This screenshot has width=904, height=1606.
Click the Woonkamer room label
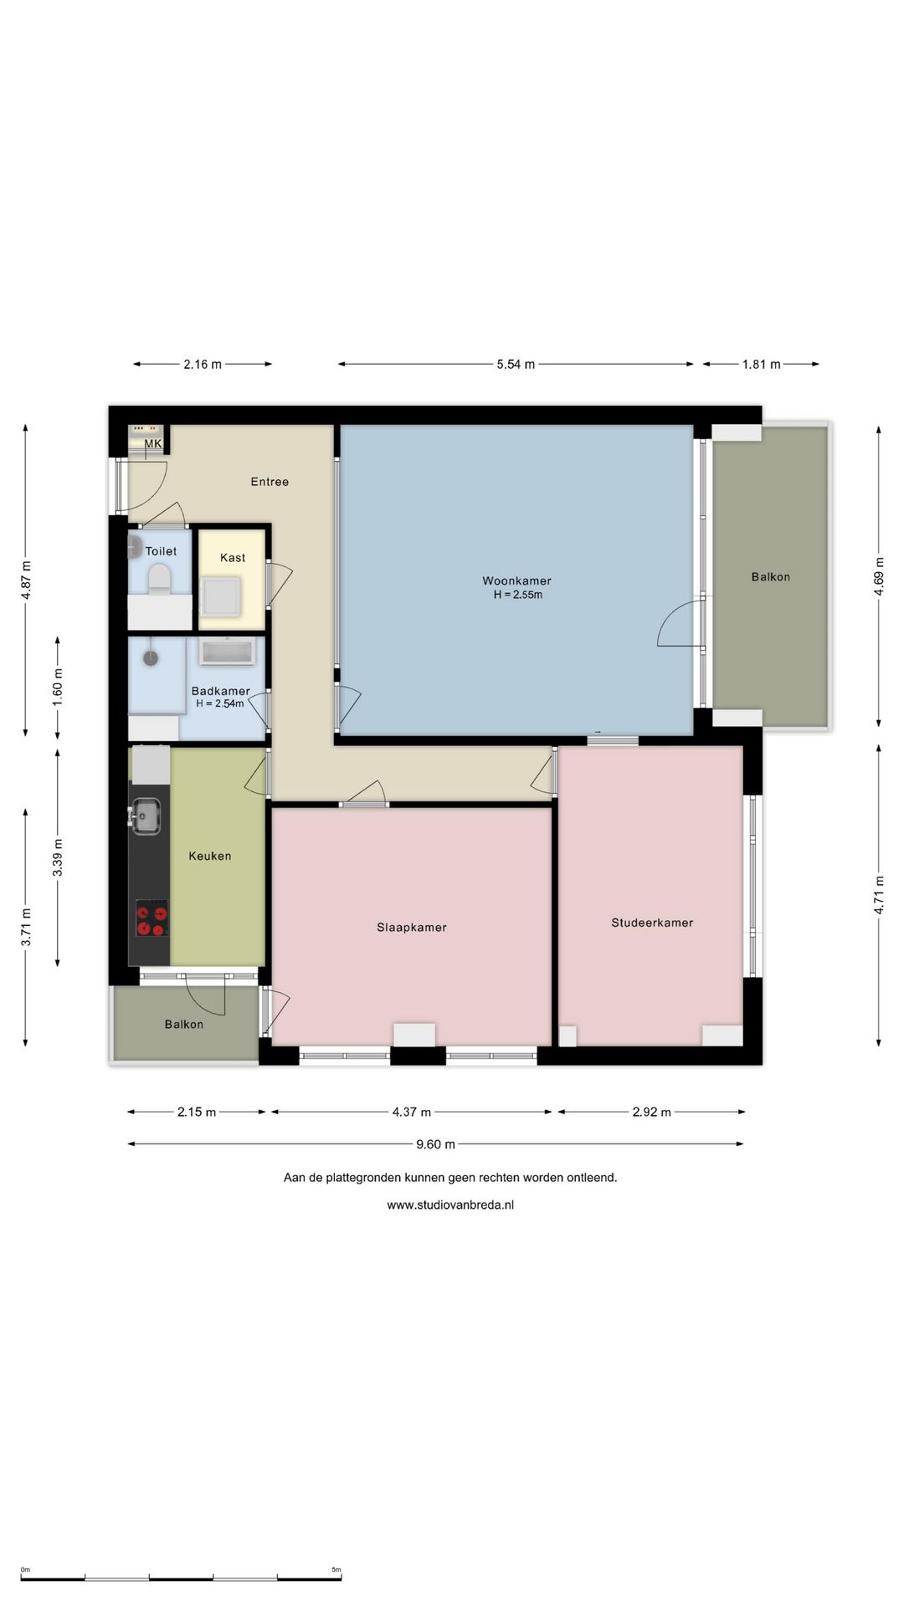point(516,581)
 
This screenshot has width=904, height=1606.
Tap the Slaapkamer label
point(411,928)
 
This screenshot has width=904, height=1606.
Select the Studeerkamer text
point(652,923)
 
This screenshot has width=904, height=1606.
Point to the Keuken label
point(209,856)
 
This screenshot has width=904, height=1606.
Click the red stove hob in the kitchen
point(152,919)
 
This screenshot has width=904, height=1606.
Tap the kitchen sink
point(146,816)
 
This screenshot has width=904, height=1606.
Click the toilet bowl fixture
point(159,578)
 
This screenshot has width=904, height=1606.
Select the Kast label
point(233,558)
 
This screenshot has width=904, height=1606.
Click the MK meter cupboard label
point(153,443)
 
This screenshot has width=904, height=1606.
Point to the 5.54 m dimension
point(516,365)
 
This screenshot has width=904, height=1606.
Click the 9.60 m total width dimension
point(435,1144)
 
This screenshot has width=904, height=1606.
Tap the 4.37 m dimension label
point(411,1112)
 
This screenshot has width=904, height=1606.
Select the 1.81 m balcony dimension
point(761,365)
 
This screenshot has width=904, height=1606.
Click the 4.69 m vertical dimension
point(879,576)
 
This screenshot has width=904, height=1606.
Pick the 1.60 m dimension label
point(58,688)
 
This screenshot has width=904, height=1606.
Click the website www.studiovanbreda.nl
point(450,1205)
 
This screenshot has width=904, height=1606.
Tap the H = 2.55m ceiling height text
point(517,595)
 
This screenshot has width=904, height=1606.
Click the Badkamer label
point(220,691)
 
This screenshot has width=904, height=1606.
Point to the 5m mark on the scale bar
point(336,1570)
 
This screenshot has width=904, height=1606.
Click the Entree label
point(270,482)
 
